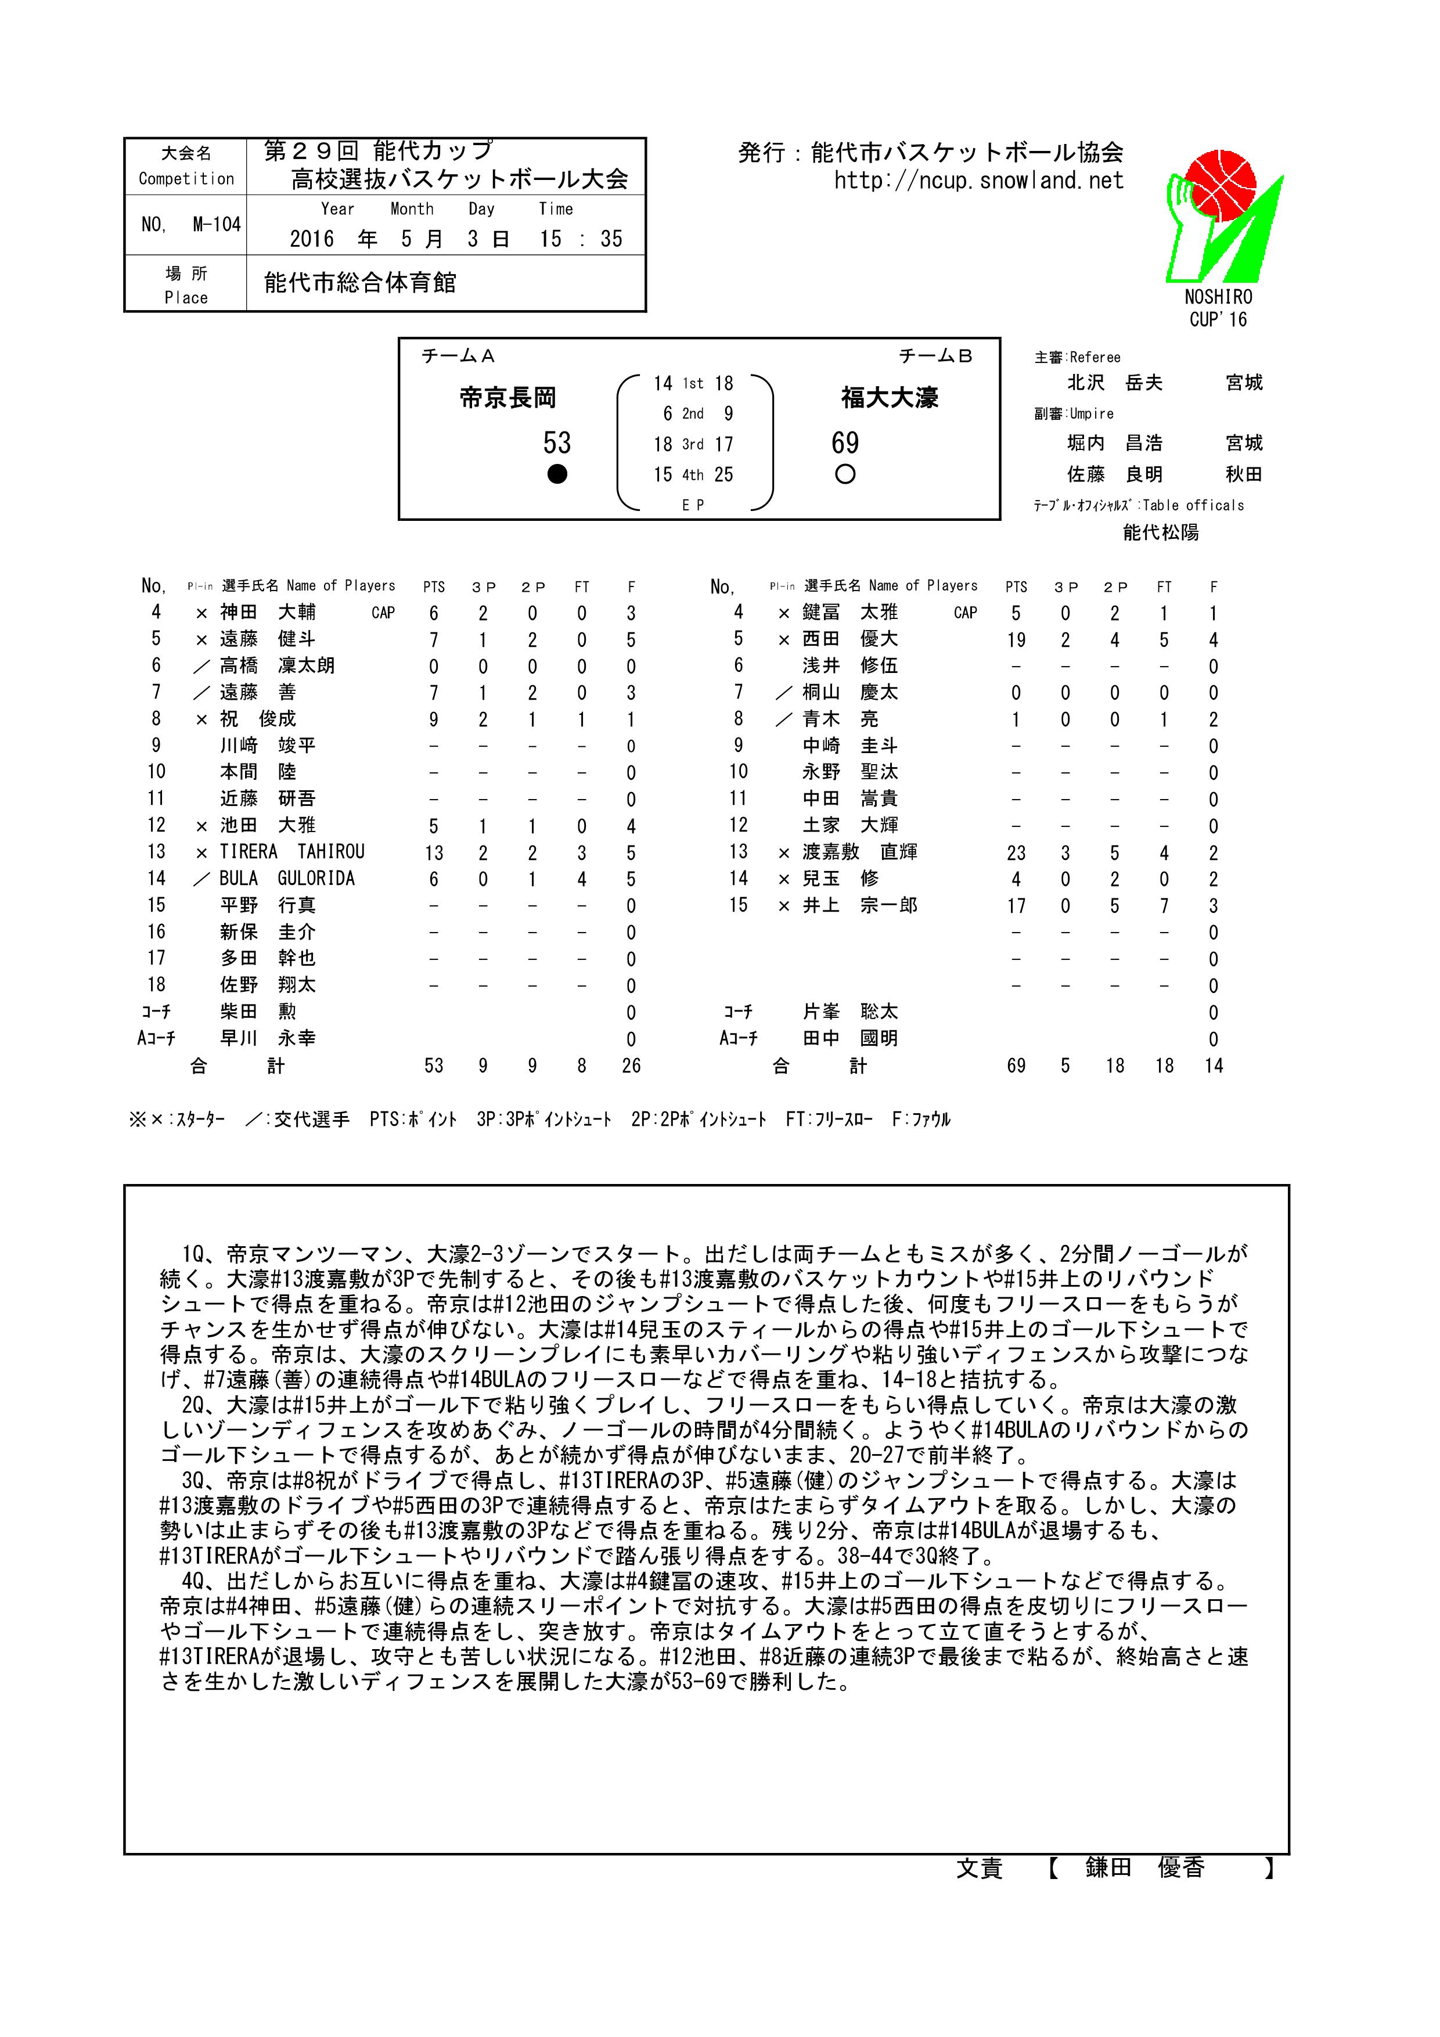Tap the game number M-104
tap(191, 225)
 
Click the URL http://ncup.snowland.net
tap(978, 181)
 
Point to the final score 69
tap(845, 442)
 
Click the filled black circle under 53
tap(556, 474)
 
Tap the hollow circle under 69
tap(845, 474)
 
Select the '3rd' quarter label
tap(692, 444)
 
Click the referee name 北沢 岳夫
tap(1114, 383)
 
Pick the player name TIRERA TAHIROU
tap(292, 852)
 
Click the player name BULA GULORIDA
tap(287, 879)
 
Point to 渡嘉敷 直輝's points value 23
tap(1016, 852)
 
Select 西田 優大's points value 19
tap(1016, 640)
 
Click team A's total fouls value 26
tap(630, 1066)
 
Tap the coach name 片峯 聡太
tap(850, 1012)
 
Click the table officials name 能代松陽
tap(1161, 532)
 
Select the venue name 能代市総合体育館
tap(360, 283)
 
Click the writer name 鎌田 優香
tap(1144, 1867)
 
